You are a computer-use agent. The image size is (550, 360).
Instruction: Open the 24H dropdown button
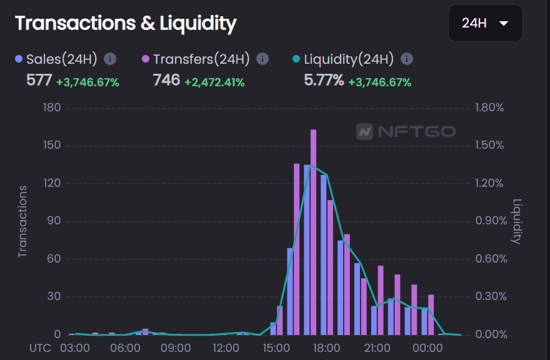(x=485, y=24)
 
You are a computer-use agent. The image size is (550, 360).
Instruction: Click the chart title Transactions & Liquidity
(x=126, y=24)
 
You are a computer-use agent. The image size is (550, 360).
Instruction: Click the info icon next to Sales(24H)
(x=110, y=59)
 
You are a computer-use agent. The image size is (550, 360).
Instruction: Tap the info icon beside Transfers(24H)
(x=262, y=59)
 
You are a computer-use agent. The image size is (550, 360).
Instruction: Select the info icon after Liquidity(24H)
(x=406, y=59)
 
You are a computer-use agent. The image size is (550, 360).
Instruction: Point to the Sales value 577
(x=39, y=81)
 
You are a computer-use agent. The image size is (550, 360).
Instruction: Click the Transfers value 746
(x=166, y=81)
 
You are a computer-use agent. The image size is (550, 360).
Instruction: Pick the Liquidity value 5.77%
(x=324, y=81)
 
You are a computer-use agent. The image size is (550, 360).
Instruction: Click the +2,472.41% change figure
(x=214, y=82)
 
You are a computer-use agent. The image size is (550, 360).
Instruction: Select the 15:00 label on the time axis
(x=276, y=347)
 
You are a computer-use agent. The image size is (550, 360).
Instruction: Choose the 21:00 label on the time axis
(x=377, y=347)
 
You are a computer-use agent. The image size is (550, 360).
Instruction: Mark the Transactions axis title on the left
(x=23, y=221)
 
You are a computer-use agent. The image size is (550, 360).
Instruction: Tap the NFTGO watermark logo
(x=406, y=132)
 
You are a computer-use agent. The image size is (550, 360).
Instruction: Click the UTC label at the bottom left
(x=41, y=347)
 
